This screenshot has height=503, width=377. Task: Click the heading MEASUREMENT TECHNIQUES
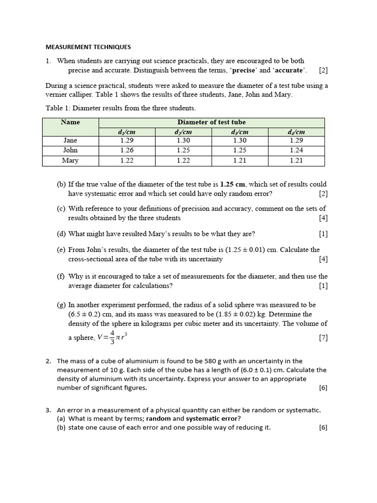point(88,47)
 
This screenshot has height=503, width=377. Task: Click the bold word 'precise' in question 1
point(243,70)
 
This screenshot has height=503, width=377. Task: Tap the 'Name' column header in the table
point(70,122)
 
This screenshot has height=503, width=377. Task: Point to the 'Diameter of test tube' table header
point(212,122)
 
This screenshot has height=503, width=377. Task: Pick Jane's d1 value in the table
point(127,140)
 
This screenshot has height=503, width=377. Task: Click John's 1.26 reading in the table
point(127,150)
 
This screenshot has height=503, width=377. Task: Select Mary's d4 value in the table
point(296,161)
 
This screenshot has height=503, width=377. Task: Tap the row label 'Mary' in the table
point(70,161)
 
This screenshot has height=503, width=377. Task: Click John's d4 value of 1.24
point(296,150)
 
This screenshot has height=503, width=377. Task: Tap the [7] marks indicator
point(323,337)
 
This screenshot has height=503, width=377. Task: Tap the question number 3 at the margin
point(48,410)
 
